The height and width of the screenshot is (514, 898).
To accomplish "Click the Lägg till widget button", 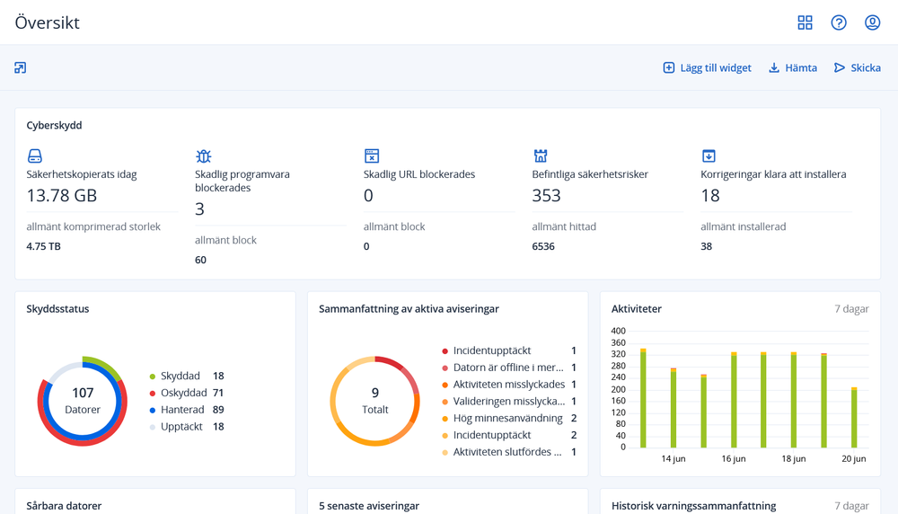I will tap(707, 68).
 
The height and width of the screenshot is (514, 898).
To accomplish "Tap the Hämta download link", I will tap(793, 68).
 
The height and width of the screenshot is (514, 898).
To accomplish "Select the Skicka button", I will tap(857, 68).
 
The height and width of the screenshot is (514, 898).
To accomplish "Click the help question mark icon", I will tap(839, 22).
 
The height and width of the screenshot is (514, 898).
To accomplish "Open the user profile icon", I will tap(872, 22).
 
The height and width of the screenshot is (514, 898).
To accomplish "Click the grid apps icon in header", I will tap(805, 22).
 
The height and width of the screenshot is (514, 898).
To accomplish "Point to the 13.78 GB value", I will tap(61, 196).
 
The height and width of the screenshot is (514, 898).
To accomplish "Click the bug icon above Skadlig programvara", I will tap(204, 156).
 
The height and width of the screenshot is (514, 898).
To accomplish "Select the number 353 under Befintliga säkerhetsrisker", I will tap(546, 196).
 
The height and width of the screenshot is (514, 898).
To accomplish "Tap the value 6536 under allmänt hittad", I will tap(543, 246).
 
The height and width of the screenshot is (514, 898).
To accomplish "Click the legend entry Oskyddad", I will tap(183, 393).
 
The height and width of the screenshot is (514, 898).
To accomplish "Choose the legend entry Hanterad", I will tap(182, 410).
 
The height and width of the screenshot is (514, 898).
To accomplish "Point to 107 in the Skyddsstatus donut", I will tap(83, 393).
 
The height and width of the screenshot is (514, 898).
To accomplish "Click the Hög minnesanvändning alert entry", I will tap(507, 419).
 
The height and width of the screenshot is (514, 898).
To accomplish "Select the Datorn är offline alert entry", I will tap(507, 368).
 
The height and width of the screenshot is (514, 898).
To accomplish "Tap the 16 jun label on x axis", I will tap(734, 459).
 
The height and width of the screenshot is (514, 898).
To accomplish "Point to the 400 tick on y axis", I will tap(618, 331).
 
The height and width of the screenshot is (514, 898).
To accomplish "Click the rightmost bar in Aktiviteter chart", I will tap(854, 418).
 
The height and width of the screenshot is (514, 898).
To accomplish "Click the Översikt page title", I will tap(48, 22).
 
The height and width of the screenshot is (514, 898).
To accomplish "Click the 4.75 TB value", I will tap(44, 246).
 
